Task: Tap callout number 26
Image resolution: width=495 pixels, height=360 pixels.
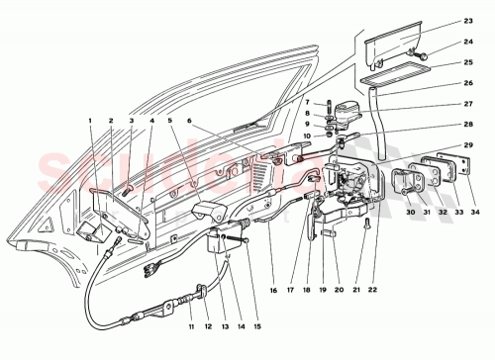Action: [468, 82]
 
